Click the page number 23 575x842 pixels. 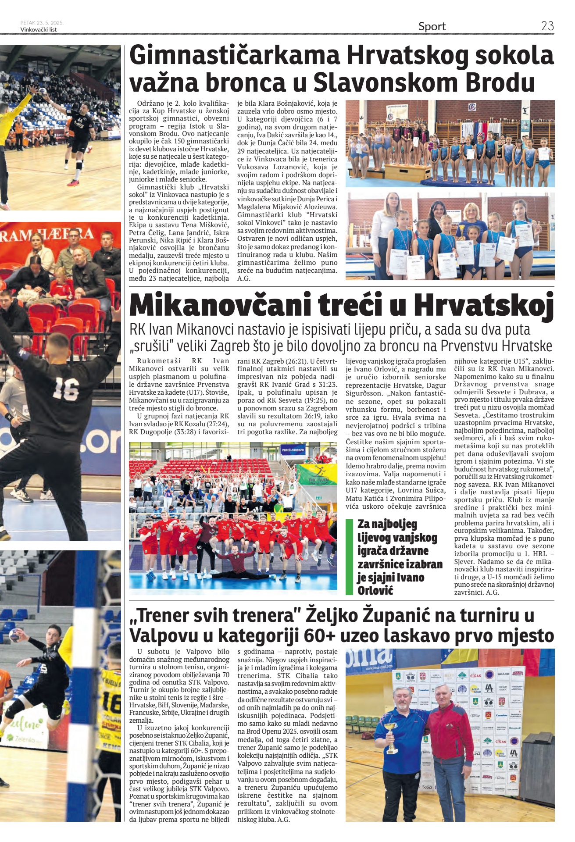tap(547, 26)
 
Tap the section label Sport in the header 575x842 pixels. tap(432, 26)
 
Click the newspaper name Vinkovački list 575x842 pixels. tap(39, 30)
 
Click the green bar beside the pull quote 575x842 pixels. tap(350, 557)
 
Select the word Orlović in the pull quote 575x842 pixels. tap(375, 590)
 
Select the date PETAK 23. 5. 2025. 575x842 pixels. tap(42, 23)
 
